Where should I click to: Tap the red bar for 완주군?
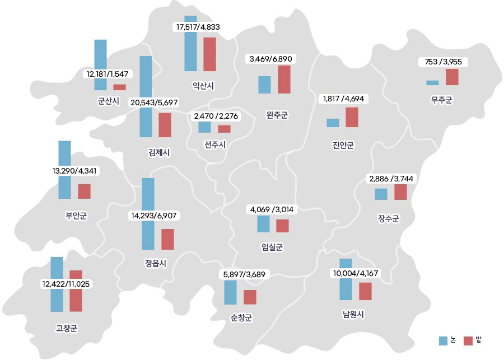point(284,80)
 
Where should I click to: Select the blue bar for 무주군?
point(432,82)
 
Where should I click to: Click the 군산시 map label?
point(108,101)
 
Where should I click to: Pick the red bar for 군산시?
point(119,87)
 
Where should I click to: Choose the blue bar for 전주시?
point(204,127)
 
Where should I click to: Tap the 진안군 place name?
point(343,146)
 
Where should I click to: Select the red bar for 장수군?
point(400,192)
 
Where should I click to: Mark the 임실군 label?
point(272,246)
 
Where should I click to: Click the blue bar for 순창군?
point(230,292)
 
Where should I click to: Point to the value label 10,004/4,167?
point(356,273)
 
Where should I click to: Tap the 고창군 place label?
point(67,328)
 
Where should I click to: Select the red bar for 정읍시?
point(167,239)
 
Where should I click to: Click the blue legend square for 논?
point(443,340)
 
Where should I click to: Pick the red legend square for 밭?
point(469,340)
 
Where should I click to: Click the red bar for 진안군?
point(352,117)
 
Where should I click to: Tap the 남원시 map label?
point(354,314)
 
